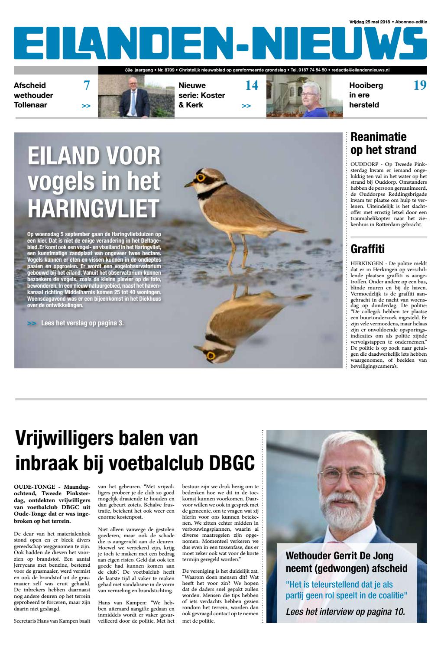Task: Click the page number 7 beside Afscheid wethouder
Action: tap(87, 86)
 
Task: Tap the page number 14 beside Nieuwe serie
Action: tap(252, 86)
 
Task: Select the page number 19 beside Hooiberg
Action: tap(420, 86)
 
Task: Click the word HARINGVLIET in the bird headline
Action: tap(93, 209)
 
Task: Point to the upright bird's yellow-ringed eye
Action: tap(201, 178)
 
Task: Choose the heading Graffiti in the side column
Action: tap(368, 249)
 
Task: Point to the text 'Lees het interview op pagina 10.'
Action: tap(345, 612)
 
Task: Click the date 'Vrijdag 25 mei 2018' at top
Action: tap(369, 22)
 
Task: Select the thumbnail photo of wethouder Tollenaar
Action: tap(136, 96)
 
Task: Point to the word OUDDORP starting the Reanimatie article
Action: tap(363, 165)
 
